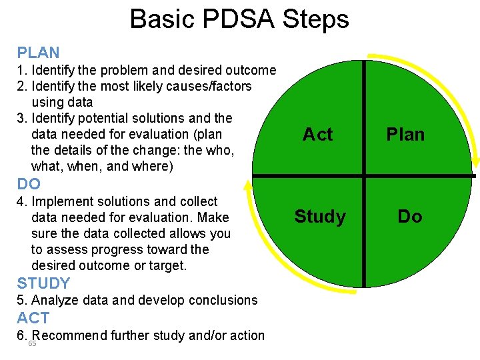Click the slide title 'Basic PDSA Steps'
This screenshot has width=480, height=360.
tap(239, 19)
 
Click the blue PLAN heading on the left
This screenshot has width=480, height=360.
tap(38, 53)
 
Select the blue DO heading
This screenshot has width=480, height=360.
tap(29, 184)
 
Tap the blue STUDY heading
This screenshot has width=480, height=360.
tap(43, 283)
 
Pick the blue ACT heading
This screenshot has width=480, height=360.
tap(33, 318)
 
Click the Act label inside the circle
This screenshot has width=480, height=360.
tap(317, 135)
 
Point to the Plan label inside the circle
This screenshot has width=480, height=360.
tap(405, 135)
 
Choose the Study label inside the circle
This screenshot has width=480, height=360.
tap(320, 217)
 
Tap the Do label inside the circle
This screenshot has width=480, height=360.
tap(410, 217)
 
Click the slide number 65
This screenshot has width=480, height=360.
tap(32, 343)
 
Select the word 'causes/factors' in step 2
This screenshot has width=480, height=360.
tap(213, 86)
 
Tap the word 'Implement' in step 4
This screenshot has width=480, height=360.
tap(60, 201)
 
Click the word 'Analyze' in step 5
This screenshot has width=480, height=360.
tap(56, 300)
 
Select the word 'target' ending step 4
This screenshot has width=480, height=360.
tap(167, 265)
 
